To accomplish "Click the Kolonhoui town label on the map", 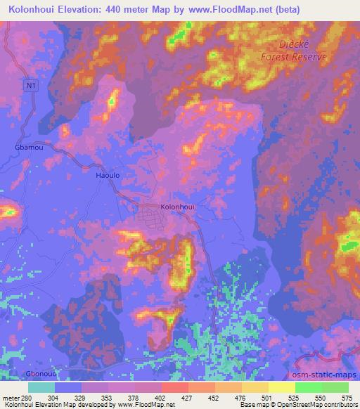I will [x=177, y=207].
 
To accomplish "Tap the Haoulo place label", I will [x=106, y=178].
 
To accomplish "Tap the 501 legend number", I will [x=266, y=398].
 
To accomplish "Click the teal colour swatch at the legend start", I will [x=41, y=388].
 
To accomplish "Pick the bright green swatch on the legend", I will [x=308, y=388].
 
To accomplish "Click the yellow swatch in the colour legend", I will [x=254, y=388].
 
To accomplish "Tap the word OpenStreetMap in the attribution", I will [x=300, y=405].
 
